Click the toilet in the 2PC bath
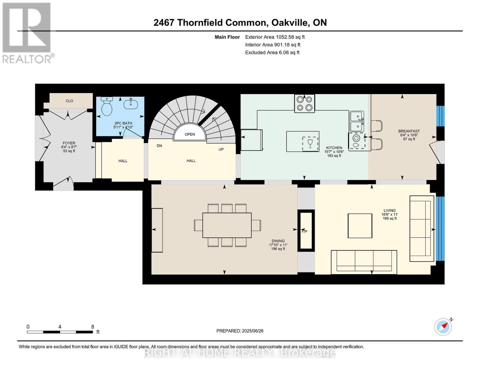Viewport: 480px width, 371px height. click(107, 107)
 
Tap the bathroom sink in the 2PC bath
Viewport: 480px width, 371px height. click(131, 104)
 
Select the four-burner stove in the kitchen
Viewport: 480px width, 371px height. click(304, 104)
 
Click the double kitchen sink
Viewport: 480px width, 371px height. click(357, 122)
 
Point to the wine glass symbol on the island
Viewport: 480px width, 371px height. click(310, 144)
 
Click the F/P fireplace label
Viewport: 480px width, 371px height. click(304, 232)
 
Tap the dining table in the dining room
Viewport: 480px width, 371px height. click(227, 225)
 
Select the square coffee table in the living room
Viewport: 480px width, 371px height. click(360, 226)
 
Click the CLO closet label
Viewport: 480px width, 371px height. click(69, 101)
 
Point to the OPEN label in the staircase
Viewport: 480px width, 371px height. click(190, 134)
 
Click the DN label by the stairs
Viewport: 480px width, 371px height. click(159, 146)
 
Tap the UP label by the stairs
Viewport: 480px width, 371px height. click(221, 149)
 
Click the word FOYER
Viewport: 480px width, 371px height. click(69, 143)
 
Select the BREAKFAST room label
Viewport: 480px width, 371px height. click(409, 131)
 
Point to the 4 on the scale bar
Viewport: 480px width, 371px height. click(60, 327)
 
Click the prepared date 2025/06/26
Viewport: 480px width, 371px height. click(253, 331)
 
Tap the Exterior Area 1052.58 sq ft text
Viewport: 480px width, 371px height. click(275, 37)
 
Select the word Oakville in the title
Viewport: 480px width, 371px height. click(290, 23)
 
